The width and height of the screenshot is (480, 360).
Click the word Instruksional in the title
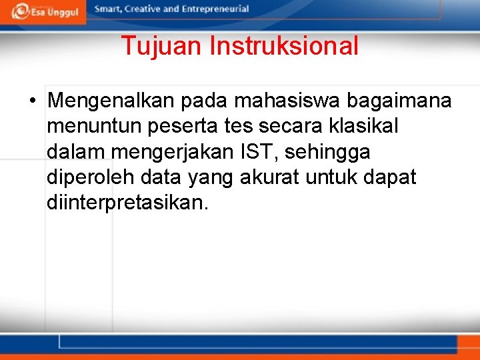click(284, 46)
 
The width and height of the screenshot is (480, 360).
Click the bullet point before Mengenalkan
click(32, 102)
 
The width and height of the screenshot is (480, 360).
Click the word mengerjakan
click(175, 153)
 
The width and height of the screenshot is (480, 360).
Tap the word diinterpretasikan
click(127, 203)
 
